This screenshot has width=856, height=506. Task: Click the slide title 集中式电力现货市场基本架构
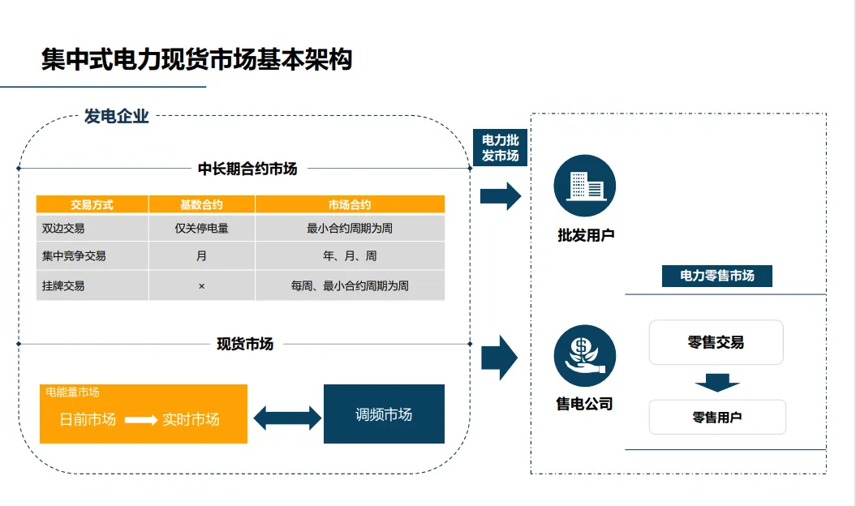196,60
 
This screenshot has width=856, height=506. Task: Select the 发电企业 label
117,117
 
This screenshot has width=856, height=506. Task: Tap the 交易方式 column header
92,205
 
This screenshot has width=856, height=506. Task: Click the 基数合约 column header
201,205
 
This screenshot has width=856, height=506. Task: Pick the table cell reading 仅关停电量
201,229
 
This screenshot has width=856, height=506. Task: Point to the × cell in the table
201,286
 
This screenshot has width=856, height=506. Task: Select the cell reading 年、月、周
350,256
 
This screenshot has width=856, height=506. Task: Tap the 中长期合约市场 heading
247,169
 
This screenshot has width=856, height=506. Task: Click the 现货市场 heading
245,344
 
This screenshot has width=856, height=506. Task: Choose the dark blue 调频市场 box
384,414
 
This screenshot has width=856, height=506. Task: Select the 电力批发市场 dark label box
500,148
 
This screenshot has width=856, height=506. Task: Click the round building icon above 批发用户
584,186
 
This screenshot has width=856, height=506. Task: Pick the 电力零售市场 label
717,276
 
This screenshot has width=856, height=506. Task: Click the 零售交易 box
716,342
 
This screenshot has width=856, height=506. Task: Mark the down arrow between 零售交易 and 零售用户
716,382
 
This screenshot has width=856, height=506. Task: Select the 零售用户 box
717,418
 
